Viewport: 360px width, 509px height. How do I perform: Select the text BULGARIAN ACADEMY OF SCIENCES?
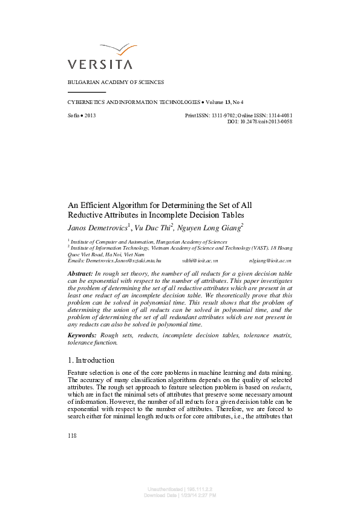tap(116, 82)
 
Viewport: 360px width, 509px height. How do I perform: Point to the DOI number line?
tap(260, 122)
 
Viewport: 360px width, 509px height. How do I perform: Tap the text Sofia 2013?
tap(82, 115)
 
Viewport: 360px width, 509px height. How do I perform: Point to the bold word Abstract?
tap(80, 274)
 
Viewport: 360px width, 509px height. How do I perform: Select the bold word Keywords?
tap(82, 335)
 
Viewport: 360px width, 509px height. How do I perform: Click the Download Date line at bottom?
tap(180, 495)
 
